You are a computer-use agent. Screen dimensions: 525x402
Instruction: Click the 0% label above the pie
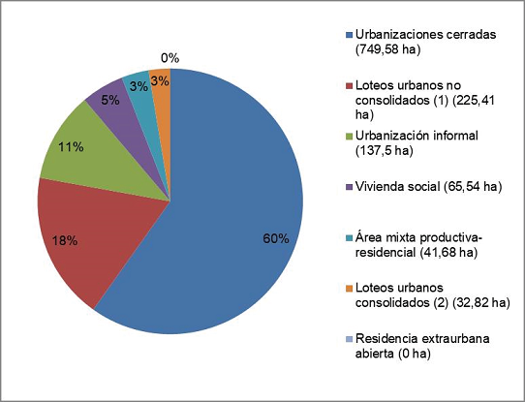click(x=170, y=58)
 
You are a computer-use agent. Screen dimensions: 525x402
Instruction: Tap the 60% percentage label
click(x=276, y=239)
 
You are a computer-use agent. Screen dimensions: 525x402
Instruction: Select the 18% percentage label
click(x=65, y=240)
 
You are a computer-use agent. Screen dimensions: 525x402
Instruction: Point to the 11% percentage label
click(x=71, y=147)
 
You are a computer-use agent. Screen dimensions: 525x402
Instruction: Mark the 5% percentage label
click(x=110, y=100)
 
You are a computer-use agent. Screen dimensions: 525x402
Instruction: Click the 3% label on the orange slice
click(x=160, y=81)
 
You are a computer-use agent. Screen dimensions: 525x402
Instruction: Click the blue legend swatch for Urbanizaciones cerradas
click(x=350, y=35)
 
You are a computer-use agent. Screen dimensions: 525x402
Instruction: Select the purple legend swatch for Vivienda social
click(x=350, y=187)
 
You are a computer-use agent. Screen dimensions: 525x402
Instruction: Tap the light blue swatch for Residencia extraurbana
click(x=350, y=339)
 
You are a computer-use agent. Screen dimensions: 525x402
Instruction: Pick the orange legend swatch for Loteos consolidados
click(x=350, y=289)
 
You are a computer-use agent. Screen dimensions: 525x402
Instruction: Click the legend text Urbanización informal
click(x=417, y=136)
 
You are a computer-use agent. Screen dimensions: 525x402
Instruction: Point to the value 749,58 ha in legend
click(x=387, y=49)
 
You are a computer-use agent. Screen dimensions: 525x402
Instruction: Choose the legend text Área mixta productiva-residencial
click(x=418, y=245)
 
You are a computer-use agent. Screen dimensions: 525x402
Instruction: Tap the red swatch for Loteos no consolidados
click(x=350, y=85)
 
